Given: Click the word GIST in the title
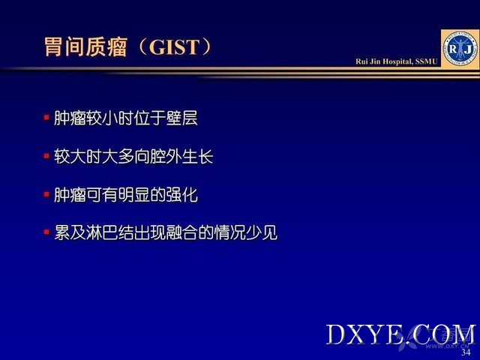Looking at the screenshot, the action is click(x=175, y=47).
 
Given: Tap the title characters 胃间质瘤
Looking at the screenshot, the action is click(x=85, y=47).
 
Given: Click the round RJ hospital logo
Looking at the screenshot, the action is click(x=460, y=49).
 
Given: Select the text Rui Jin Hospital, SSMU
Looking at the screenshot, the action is click(x=397, y=61).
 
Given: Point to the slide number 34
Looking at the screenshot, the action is click(x=466, y=352).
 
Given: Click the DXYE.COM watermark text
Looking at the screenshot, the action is click(x=401, y=334).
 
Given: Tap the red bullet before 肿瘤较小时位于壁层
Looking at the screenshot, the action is click(x=46, y=118).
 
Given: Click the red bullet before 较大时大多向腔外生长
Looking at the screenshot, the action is click(x=46, y=156).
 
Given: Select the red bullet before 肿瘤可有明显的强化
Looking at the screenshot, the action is click(x=46, y=194).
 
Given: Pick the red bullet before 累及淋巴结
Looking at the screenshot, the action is click(x=46, y=232).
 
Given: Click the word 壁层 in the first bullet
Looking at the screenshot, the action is click(x=181, y=118).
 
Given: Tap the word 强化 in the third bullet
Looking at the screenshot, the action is click(x=181, y=195).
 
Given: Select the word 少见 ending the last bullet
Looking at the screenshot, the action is click(x=262, y=232).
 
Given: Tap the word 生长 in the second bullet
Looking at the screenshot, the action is click(x=198, y=157).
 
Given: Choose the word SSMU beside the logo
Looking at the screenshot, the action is click(x=427, y=61).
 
